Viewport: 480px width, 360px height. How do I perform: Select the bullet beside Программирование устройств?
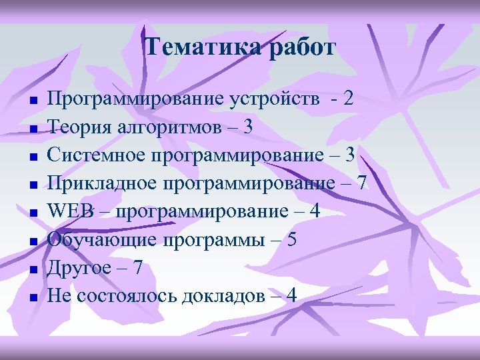[32, 103]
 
